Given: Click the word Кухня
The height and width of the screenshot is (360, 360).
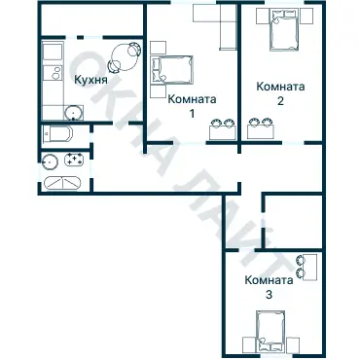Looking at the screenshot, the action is point(90,80).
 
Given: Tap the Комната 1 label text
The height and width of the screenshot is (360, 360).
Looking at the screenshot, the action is point(192,106).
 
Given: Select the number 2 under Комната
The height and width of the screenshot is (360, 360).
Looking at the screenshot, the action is point(280,100).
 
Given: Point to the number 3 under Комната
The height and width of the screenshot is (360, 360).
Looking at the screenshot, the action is point(269,295).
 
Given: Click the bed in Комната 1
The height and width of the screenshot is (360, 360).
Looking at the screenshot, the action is point(172,70).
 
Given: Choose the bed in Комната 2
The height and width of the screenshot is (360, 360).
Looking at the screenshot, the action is point(284,29).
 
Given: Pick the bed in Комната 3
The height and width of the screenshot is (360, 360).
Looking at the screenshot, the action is point(270,332).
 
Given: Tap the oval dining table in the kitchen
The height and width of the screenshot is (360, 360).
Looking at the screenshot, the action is point(126,57).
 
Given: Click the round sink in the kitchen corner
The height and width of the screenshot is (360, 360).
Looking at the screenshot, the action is point(74,113).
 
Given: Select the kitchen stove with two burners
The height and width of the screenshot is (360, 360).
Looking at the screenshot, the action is point(54,73).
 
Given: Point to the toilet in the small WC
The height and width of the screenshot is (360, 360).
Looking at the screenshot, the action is point(57,134).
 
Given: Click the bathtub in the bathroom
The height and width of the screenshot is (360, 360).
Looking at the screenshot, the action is point(61,183).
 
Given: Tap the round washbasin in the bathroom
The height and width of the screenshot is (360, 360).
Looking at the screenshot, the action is point(50,162).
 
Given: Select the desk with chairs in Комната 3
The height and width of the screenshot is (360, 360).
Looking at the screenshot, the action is point(307,268).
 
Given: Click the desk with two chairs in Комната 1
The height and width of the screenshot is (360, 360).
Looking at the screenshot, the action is point(223,129).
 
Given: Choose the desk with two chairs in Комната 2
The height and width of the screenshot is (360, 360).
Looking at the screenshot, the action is point(261,129).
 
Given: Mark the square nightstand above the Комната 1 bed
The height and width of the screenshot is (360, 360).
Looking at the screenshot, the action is point(159,48).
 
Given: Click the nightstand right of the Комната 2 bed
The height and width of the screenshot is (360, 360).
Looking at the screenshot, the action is point(306,16).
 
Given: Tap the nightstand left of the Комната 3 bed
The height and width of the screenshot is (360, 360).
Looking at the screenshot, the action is point(250,345).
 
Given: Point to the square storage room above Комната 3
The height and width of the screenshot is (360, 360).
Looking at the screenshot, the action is point(293,221).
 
